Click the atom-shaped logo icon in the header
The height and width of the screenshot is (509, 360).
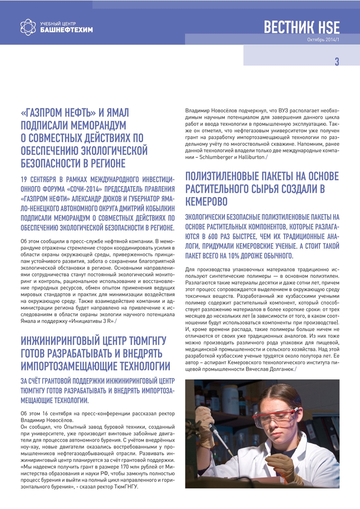coord(28,27)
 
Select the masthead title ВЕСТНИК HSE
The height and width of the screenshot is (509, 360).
coord(301,27)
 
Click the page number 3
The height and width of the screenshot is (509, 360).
coord(337,62)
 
